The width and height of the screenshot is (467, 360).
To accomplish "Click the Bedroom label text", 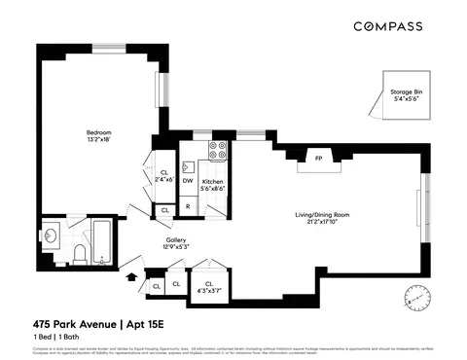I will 99,136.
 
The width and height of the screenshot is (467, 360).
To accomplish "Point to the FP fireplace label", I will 317,158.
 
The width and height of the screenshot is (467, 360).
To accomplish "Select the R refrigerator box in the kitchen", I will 188,207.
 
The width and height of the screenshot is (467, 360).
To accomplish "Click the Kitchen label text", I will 213,185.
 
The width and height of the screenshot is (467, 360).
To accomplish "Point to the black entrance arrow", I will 132,278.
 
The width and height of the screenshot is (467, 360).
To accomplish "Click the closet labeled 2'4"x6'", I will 163,176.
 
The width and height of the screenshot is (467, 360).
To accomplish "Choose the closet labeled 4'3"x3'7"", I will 209,287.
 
